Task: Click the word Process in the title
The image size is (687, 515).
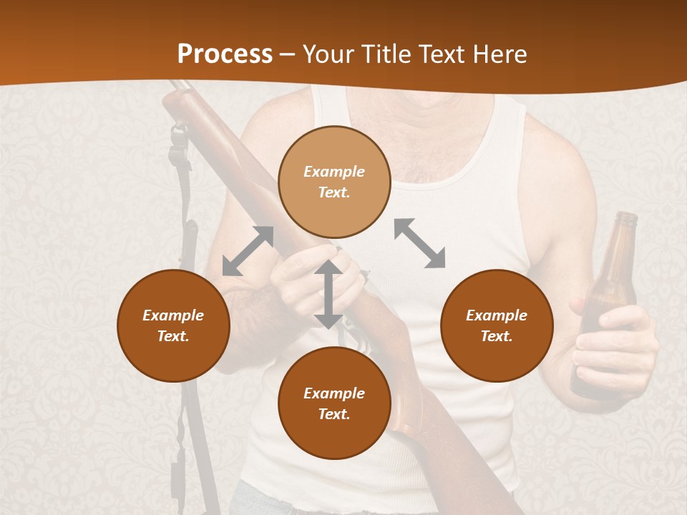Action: (225, 54)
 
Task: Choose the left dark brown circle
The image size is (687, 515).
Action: (173, 325)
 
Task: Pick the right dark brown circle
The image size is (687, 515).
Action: (497, 325)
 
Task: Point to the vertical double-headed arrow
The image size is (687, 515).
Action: (328, 294)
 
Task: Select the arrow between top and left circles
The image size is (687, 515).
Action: (248, 251)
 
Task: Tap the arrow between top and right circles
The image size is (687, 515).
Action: (419, 243)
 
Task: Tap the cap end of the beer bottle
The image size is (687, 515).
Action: (626, 217)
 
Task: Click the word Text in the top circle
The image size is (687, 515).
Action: (334, 192)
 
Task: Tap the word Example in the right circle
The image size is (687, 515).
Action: (497, 315)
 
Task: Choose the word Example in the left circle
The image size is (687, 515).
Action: (173, 315)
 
